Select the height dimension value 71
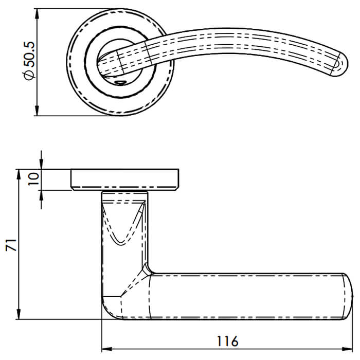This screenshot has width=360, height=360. tap(10, 245)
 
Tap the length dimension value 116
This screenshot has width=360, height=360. tap(227, 341)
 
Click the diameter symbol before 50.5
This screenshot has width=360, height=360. tap(30, 75)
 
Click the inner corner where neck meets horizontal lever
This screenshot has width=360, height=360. tap(149, 269)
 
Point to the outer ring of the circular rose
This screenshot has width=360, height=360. tap(75, 62)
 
